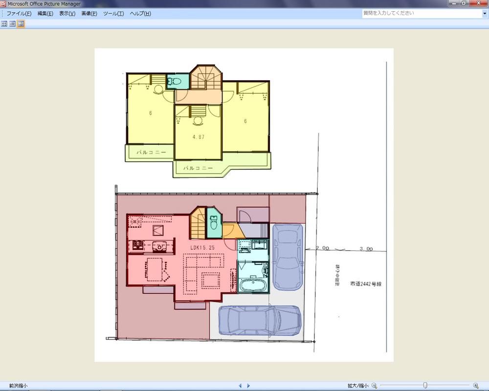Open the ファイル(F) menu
[x=19, y=14]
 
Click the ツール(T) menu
[x=113, y=14]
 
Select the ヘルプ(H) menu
[x=140, y=14]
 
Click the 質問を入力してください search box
[x=421, y=13]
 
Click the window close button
[x=478, y=3]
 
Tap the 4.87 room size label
[x=198, y=137]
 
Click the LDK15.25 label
[x=202, y=248]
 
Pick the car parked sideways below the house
[x=260, y=321]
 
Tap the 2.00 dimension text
[x=322, y=248]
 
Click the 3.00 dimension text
[x=366, y=248]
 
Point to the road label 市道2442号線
[x=365, y=283]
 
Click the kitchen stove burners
[x=136, y=244]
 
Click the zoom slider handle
[x=425, y=386]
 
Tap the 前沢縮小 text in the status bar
[x=15, y=386]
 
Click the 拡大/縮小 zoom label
[x=358, y=386]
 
